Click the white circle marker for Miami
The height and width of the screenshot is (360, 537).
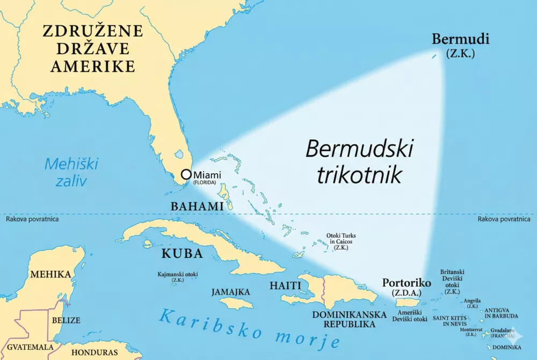coord(186,174)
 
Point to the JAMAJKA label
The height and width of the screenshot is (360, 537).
coord(230,292)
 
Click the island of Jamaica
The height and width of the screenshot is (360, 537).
coord(236,304)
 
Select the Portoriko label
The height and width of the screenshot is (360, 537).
coord(406,283)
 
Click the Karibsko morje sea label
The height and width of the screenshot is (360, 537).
coord(250,328)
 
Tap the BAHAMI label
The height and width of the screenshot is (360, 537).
coord(197,207)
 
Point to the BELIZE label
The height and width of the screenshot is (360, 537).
coord(66,320)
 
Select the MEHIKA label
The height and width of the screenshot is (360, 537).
coord(50,275)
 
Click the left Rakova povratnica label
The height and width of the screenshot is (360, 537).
coord(32,219)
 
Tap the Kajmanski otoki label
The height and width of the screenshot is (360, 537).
coord(178,275)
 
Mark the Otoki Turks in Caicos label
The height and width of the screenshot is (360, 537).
coord(341,241)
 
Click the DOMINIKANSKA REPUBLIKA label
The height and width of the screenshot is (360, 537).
coord(344,319)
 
